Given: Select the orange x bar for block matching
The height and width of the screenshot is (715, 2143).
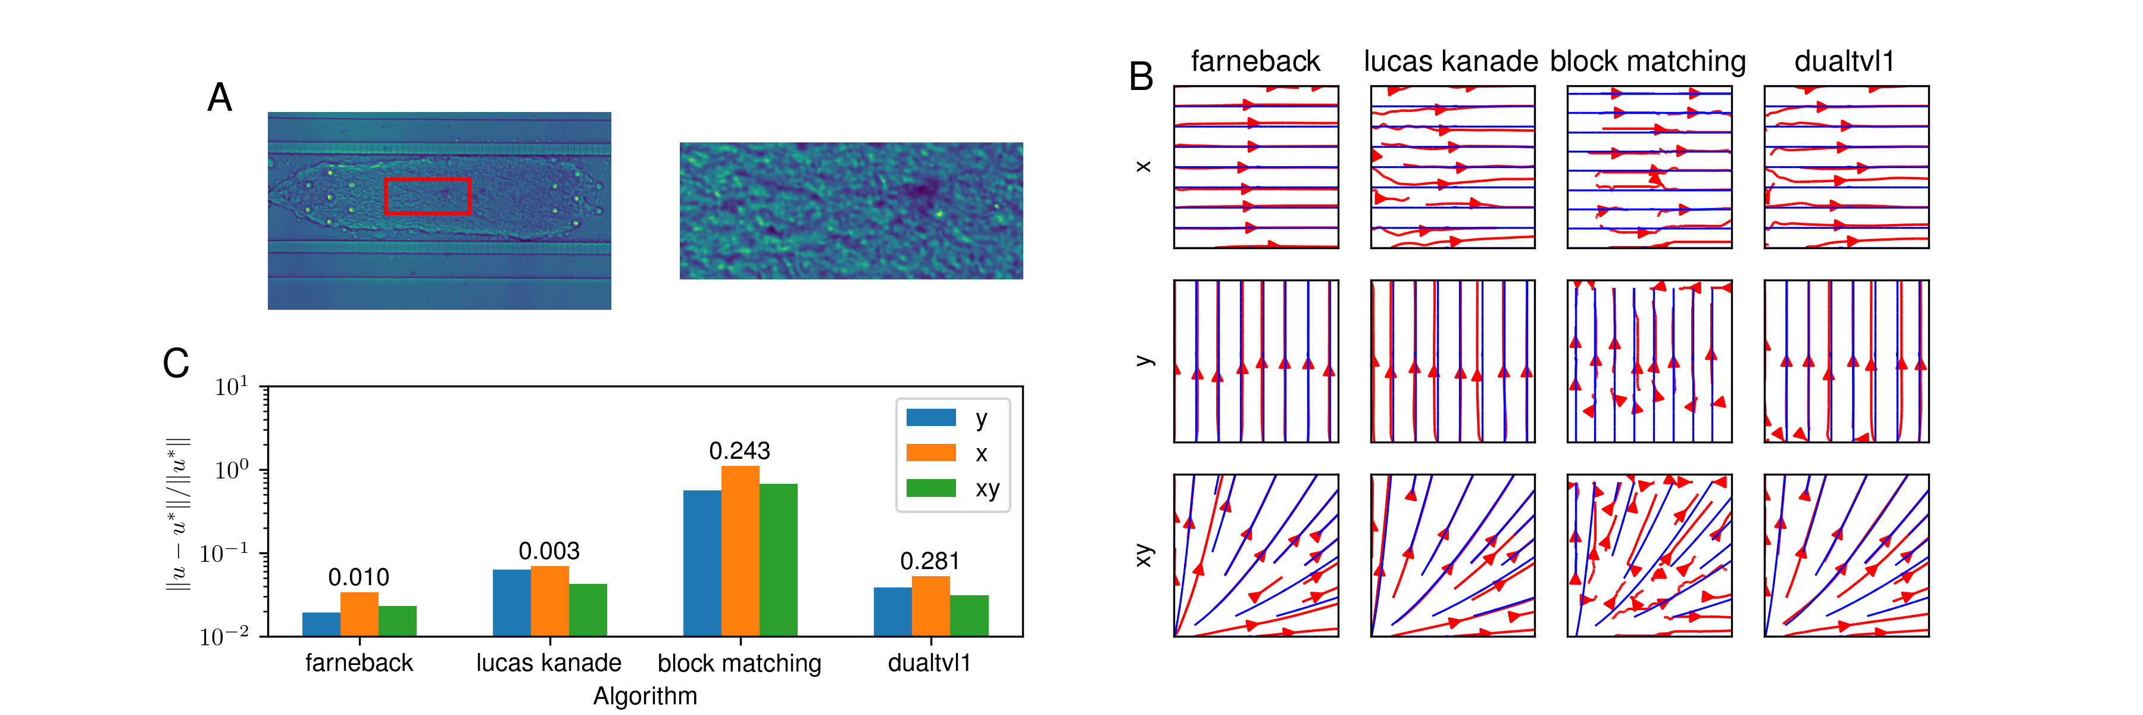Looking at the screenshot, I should point(739,551).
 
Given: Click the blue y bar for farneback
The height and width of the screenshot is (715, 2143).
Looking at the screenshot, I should point(321,624).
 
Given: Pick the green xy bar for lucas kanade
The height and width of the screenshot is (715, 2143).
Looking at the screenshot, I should point(588,610).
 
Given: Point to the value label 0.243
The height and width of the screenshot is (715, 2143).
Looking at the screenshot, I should point(739,451).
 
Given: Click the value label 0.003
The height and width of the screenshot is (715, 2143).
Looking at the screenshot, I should point(549,551).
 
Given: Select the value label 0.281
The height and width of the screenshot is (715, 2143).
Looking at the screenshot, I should point(929,561).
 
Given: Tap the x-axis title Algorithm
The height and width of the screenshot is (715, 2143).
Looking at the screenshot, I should point(645,696).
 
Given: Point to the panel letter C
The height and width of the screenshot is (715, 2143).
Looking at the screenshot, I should point(176,363).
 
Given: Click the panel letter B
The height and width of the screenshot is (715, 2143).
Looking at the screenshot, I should point(1141,77).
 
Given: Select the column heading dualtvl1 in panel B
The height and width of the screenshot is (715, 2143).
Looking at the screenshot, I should point(1844,61).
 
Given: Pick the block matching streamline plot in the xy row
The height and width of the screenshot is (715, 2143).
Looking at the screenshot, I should point(1649,555).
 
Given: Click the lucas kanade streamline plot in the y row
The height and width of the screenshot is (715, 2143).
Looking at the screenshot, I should point(1452,361).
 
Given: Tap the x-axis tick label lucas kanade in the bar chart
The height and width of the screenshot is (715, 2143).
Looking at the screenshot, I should point(548,663).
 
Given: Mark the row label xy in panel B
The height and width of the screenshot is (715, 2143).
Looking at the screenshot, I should point(1145,555).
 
